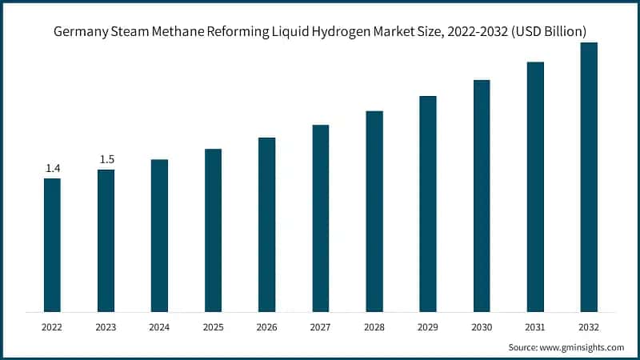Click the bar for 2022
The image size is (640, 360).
pyautogui.click(x=52, y=245)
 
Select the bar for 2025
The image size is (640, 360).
pyautogui.click(x=213, y=230)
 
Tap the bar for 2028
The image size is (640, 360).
pyautogui.click(x=374, y=211)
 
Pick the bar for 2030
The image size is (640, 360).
pyautogui.click(x=482, y=196)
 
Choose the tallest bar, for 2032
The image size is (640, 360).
pyautogui.click(x=589, y=177)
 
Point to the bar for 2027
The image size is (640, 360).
pyautogui.click(x=321, y=218)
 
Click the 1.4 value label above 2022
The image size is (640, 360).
pyautogui.click(x=53, y=168)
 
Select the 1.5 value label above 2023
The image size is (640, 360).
pyautogui.click(x=106, y=159)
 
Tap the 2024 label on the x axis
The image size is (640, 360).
pyautogui.click(x=159, y=327)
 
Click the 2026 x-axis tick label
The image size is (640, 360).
pyautogui.click(x=266, y=327)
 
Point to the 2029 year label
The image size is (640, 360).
pyautogui.click(x=428, y=327)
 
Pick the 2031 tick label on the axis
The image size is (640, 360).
pyautogui.click(x=535, y=327)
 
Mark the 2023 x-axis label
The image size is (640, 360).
pyautogui.click(x=106, y=327)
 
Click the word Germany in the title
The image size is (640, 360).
pyautogui.click(x=82, y=32)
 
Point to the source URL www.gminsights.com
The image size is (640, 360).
pyautogui.click(x=583, y=347)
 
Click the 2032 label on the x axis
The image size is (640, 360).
pyautogui.click(x=589, y=327)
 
